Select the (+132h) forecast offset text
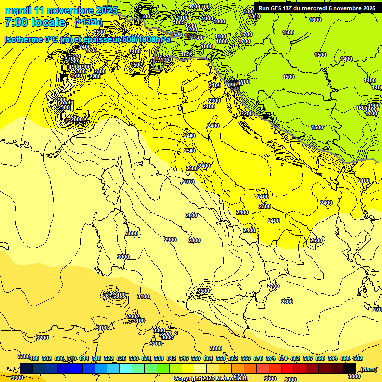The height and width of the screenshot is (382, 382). (89, 22)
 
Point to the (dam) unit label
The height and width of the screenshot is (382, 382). (368, 369)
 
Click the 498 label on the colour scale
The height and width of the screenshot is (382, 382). (34, 358)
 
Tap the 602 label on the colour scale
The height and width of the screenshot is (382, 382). (358, 358)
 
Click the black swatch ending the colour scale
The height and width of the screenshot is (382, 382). (350, 368)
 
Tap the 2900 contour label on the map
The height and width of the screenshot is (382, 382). (170, 240)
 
